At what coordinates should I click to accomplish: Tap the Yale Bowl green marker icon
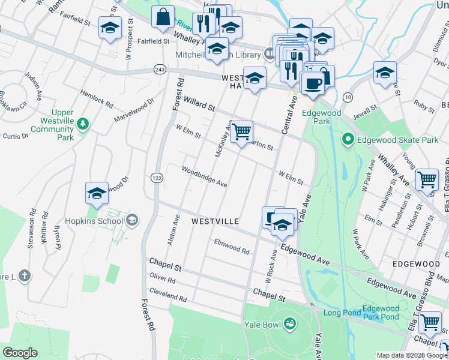click(x=291, y=325)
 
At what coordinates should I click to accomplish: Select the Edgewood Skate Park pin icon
click(x=347, y=140)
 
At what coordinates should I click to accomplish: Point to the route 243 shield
click(x=159, y=70)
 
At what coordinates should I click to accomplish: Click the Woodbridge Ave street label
click(x=204, y=177)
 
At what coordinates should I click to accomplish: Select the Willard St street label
click(x=199, y=106)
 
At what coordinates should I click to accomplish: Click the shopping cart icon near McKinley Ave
click(x=241, y=131)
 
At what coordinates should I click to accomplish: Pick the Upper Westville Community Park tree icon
click(x=83, y=124)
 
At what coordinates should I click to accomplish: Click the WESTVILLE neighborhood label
click(x=215, y=221)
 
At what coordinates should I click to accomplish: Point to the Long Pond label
click(x=342, y=313)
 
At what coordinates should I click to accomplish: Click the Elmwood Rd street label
click(x=231, y=246)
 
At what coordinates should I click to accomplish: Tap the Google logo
click(x=20, y=353)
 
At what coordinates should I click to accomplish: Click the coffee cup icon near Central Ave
click(x=312, y=82)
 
